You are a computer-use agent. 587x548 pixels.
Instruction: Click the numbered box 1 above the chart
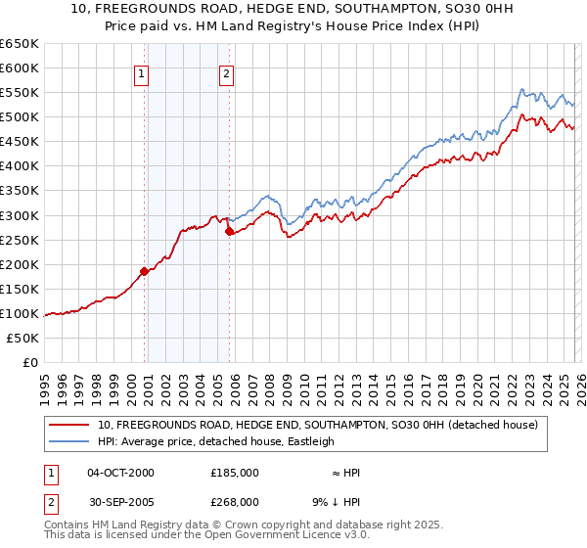(142, 72)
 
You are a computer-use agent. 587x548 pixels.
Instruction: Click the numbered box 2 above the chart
(227, 72)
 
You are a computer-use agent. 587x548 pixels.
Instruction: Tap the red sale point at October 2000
(144, 271)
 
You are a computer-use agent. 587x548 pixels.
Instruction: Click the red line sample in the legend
(68, 426)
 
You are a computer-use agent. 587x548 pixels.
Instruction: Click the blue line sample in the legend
(68, 442)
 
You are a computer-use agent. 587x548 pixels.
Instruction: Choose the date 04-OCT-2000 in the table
(120, 473)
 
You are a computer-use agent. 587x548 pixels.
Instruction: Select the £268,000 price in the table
(235, 501)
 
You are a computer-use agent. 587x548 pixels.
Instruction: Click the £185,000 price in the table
(235, 473)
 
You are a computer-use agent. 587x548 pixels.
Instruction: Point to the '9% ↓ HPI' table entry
(335, 501)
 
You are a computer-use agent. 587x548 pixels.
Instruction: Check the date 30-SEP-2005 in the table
(120, 501)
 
